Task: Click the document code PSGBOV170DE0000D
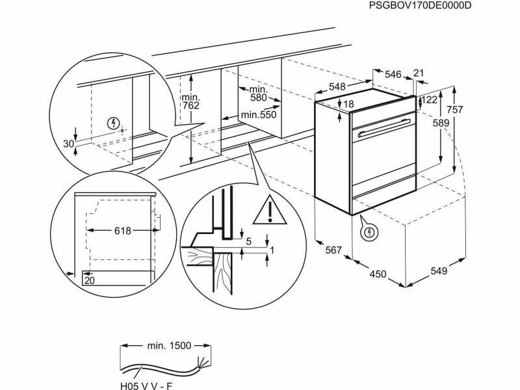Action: [419, 6]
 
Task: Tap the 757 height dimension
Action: [454, 109]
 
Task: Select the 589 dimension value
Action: [441, 123]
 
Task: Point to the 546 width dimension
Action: [393, 75]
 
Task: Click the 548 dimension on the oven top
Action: [337, 87]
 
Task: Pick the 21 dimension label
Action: [419, 73]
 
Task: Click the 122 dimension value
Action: [430, 99]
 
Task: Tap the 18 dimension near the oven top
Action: [348, 105]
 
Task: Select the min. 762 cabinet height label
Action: [190, 101]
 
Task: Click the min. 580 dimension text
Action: [258, 94]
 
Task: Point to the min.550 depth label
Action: [259, 115]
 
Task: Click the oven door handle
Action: [386, 127]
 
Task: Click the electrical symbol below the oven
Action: [369, 232]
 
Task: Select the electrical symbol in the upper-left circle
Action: [114, 123]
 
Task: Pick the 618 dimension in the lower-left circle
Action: [123, 231]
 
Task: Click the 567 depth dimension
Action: [333, 250]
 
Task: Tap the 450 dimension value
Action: [378, 274]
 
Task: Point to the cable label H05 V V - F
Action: [146, 385]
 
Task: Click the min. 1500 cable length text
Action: [169, 346]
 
